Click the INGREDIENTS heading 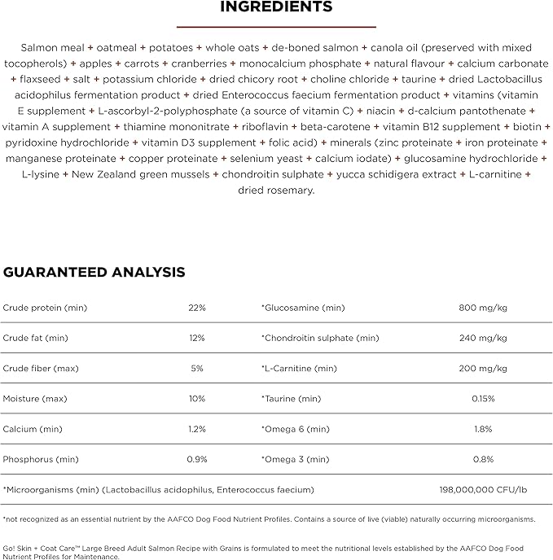276,7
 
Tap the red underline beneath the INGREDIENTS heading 276,27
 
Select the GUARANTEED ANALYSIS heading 94,272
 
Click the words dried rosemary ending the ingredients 276,190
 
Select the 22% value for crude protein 197,308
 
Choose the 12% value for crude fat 197,338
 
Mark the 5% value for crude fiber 197,368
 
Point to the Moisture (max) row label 40,399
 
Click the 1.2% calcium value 197,429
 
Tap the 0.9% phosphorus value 197,459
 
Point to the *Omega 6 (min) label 295,429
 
